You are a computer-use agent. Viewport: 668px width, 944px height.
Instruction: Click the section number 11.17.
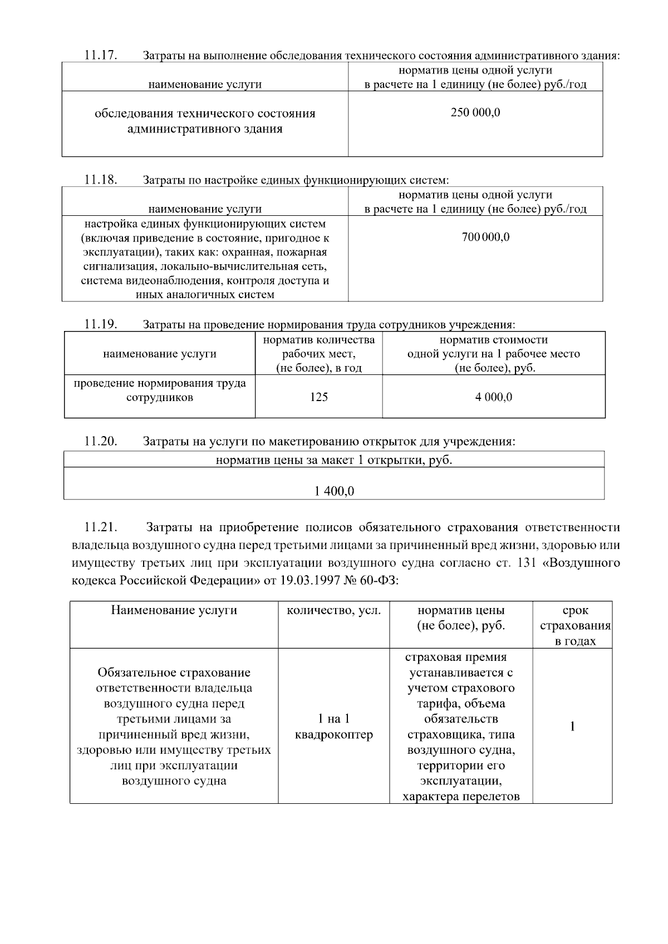click(100, 55)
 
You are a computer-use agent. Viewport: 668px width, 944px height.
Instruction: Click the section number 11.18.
click(100, 180)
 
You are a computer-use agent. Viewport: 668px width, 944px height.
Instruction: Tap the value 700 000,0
click(485, 237)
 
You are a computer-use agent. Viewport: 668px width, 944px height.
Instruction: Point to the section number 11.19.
click(100, 324)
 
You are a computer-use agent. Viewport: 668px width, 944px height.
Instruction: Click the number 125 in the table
click(318, 397)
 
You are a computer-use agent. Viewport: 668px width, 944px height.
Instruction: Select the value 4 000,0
click(493, 397)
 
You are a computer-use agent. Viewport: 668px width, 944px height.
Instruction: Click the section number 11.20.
click(100, 442)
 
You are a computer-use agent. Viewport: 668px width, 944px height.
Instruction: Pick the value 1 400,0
click(334, 491)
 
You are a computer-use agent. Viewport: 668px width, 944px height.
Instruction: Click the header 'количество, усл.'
click(333, 610)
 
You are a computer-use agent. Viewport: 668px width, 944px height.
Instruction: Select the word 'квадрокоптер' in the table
click(333, 735)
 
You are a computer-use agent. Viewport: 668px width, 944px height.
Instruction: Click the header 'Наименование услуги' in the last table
click(174, 610)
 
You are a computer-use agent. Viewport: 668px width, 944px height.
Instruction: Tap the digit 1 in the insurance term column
click(572, 726)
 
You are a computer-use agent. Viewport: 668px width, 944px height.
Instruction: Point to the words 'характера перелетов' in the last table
click(461, 797)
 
